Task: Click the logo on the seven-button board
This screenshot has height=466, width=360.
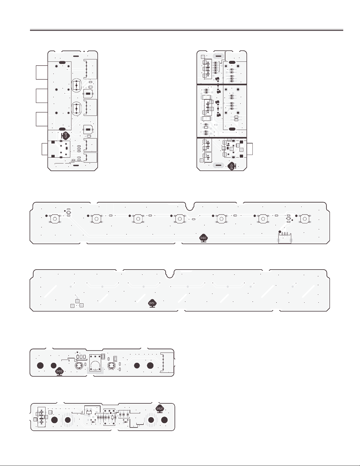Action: coord(203,238)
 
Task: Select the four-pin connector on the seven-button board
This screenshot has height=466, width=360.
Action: coord(284,237)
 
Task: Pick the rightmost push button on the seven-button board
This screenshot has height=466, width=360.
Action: coord(305,219)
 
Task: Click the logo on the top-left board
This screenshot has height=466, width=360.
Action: coord(66,135)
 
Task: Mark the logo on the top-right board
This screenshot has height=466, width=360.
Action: coord(231,166)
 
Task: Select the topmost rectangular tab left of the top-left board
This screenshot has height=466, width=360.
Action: coord(42,72)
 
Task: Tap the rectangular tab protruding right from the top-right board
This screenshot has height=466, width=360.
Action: coord(250,149)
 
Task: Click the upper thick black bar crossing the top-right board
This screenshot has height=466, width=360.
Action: coord(221,84)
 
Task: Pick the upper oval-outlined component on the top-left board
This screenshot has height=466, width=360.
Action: coord(76,85)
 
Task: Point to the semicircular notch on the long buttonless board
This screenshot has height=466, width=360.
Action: coord(169,274)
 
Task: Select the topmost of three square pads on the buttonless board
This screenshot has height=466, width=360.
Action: coord(77,301)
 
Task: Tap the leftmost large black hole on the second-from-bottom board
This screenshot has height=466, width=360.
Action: coord(41,365)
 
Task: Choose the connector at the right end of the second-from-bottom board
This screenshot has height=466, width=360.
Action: coord(166,363)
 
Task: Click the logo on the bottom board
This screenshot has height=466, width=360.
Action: coord(160,409)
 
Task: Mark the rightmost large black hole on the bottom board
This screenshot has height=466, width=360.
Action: coord(164,420)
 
